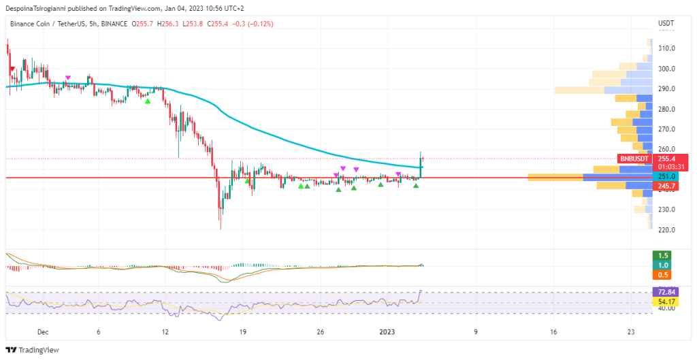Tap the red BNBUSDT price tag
(x=634, y=158)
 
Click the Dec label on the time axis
(x=43, y=332)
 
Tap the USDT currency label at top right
(x=666, y=24)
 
